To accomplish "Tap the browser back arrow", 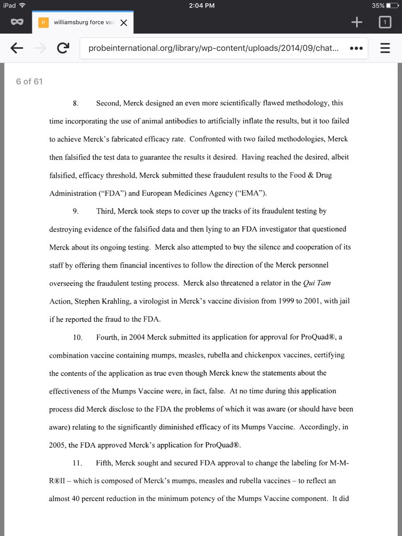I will (x=17, y=48).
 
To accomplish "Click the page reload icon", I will (x=63, y=48).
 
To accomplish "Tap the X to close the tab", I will (x=124, y=23).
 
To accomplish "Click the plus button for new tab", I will (x=356, y=22).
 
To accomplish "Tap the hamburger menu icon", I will (x=385, y=48).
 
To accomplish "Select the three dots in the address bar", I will (x=356, y=48).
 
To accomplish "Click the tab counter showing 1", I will (x=385, y=22).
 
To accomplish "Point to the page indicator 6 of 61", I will (x=29, y=81).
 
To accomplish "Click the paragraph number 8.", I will (x=76, y=103).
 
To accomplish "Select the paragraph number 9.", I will (x=76, y=211).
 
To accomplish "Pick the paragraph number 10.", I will (x=77, y=337).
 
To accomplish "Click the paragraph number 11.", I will (x=77, y=463).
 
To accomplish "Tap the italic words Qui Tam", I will (x=317, y=283).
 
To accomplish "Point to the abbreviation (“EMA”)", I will (x=250, y=193).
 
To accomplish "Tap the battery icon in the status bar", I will (x=392, y=5).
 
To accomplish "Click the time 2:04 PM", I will (x=201, y=5).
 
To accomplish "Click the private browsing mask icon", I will (x=17, y=23).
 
